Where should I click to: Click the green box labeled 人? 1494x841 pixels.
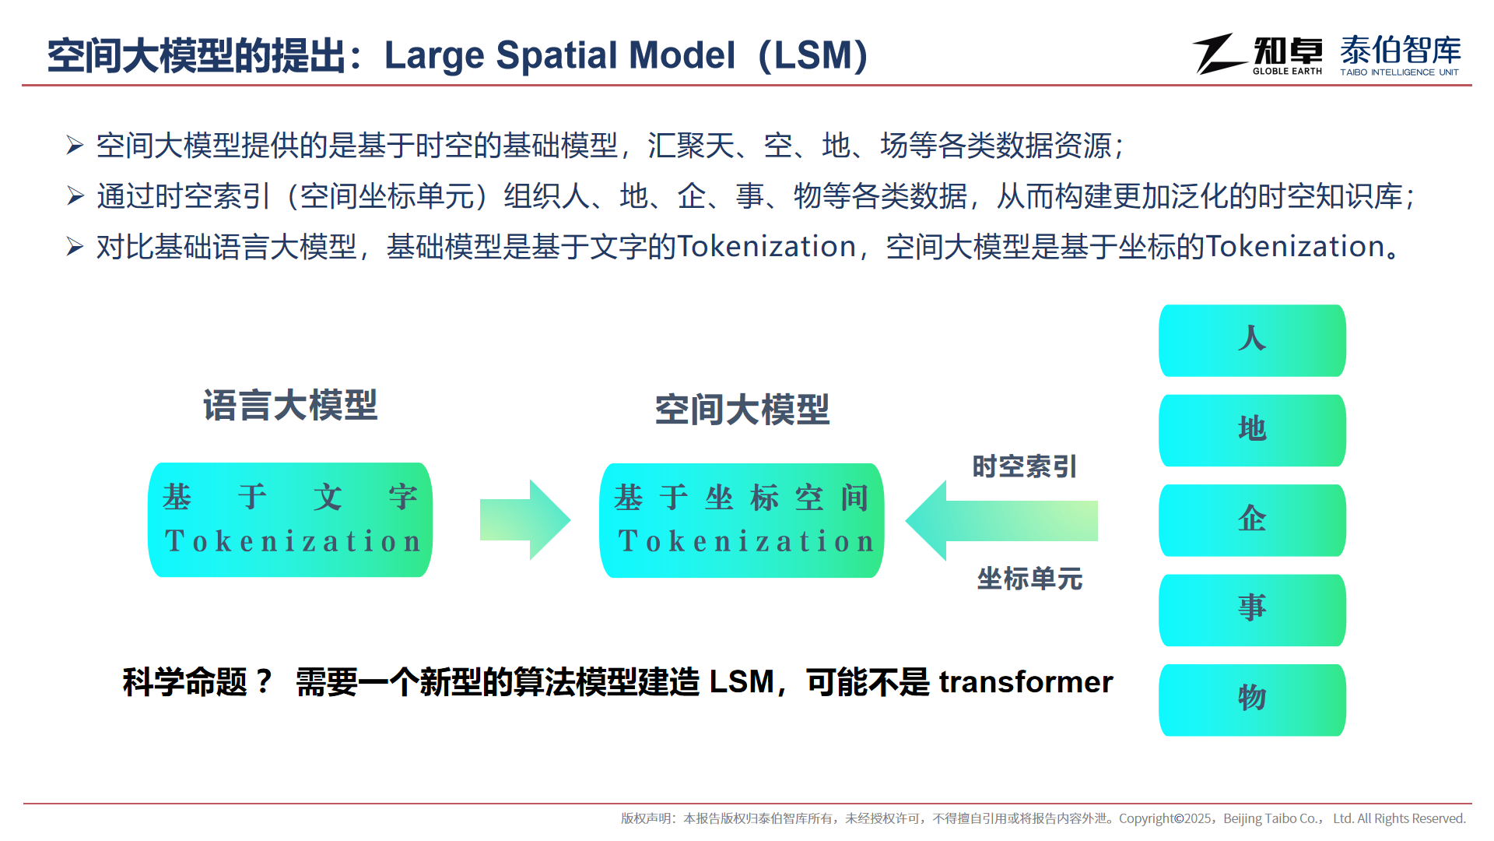[1252, 340]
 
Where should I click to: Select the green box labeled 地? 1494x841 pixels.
[1252, 431]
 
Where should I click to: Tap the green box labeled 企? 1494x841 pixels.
[1252, 520]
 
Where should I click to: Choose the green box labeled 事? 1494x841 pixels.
[1252, 611]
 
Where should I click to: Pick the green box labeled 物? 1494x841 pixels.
[1252, 700]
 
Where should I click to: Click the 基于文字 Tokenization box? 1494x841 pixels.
[290, 520]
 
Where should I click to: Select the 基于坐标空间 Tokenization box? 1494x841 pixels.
[742, 520]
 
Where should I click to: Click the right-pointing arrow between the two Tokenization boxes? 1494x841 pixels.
[525, 520]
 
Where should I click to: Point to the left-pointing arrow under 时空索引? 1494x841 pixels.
[1001, 520]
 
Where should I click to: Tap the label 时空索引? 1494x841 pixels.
[1025, 466]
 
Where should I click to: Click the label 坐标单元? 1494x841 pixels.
[1029, 579]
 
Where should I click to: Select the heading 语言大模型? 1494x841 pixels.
[290, 406]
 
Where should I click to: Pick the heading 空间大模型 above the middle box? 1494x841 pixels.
[742, 410]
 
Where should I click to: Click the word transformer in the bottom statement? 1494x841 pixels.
[1026, 682]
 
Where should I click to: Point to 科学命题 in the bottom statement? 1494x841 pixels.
[184, 682]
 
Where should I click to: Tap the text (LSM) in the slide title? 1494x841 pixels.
[813, 55]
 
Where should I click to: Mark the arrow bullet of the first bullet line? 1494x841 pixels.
[75, 145]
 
